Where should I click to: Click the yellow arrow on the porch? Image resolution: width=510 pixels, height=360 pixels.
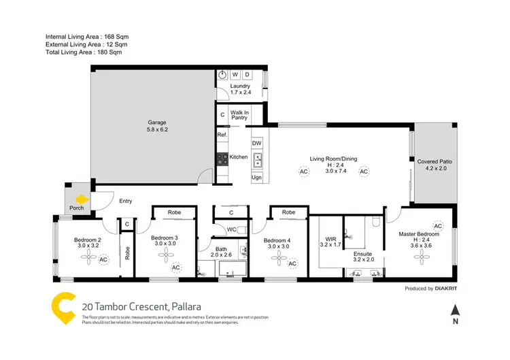(82, 200)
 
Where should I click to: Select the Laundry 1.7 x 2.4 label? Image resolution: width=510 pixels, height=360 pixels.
(240, 90)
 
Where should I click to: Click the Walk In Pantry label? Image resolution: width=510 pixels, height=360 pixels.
(239, 115)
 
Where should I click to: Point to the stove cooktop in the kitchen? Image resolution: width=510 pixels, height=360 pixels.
(222, 158)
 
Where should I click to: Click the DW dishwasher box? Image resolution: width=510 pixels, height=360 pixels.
(257, 144)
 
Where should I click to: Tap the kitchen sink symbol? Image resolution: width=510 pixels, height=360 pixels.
(257, 161)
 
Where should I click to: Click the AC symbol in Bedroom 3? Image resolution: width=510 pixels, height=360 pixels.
(175, 267)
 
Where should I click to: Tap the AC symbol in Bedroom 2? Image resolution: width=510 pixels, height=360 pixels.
(103, 259)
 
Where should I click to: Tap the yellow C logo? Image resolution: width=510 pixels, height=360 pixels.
(61, 308)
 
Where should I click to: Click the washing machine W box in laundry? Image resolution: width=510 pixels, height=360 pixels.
(235, 74)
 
